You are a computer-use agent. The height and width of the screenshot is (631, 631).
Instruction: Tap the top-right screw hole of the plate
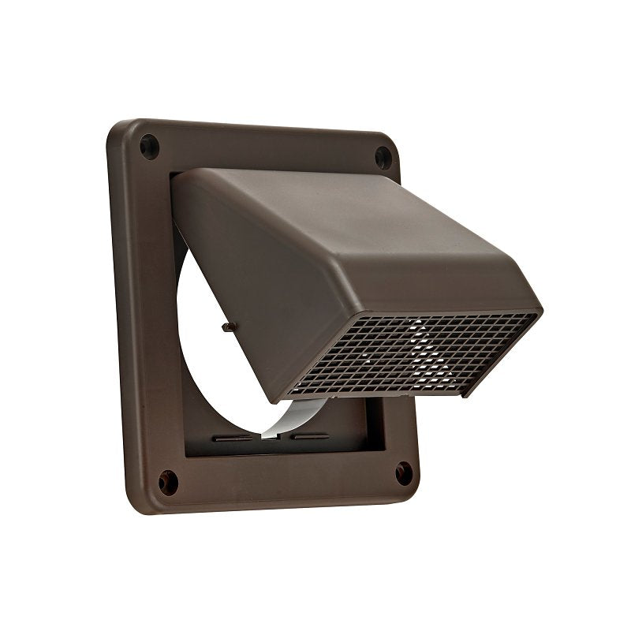pyautogui.click(x=382, y=155)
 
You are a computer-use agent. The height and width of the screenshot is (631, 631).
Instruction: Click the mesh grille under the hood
pyautogui.click(x=410, y=355)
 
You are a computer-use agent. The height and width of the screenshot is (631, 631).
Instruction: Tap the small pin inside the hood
pyautogui.click(x=227, y=326)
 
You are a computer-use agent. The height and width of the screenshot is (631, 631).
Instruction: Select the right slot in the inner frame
pyautogui.click(x=309, y=435)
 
